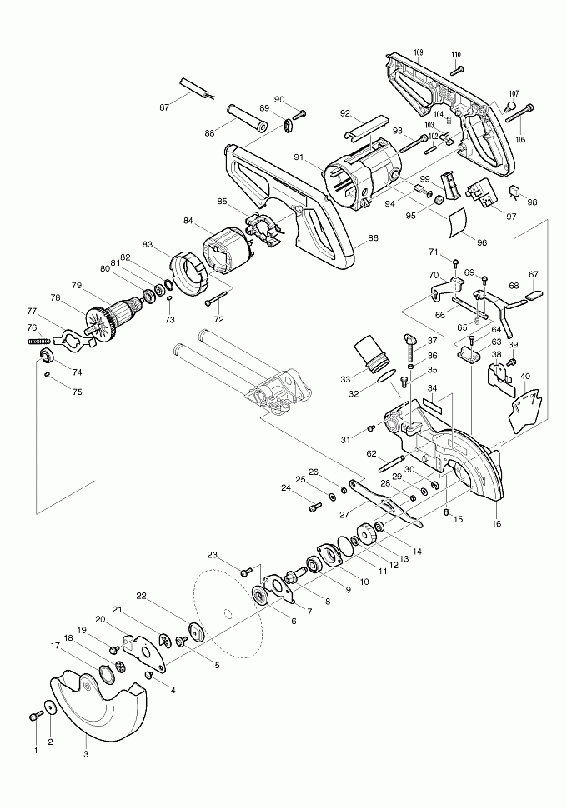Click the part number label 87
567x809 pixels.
click(x=164, y=107)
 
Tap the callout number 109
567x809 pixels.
click(x=418, y=52)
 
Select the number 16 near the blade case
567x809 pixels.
click(x=496, y=524)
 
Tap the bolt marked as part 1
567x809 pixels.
click(x=37, y=716)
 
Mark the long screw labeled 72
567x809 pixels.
click(x=213, y=301)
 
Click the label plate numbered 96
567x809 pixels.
click(x=457, y=221)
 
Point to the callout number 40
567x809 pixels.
click(x=525, y=376)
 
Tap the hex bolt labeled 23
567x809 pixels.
click(x=246, y=572)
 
